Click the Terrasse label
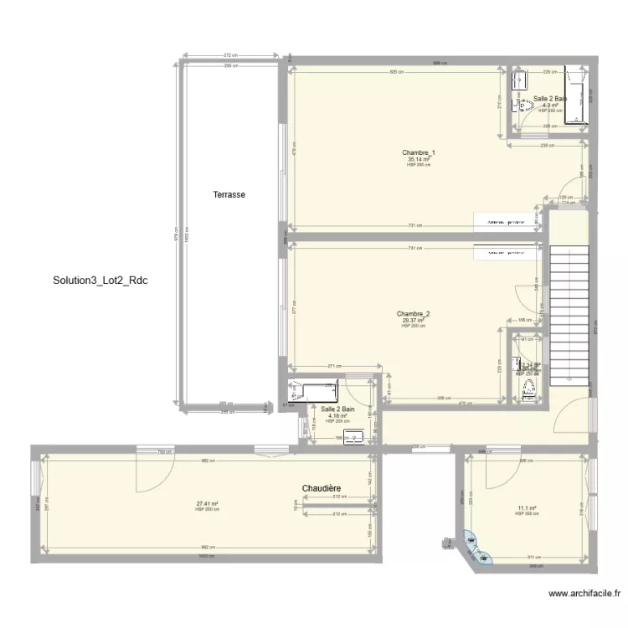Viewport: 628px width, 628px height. (x=229, y=194)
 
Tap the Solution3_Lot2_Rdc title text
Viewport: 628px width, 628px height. (x=100, y=280)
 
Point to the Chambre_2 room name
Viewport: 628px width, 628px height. (x=413, y=314)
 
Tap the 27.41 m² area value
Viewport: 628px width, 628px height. (x=207, y=504)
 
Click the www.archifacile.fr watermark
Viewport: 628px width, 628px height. (x=584, y=594)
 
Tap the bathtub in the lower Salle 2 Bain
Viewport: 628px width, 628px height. (x=312, y=389)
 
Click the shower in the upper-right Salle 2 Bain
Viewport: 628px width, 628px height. (x=575, y=94)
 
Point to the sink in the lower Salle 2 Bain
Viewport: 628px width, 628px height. (x=354, y=435)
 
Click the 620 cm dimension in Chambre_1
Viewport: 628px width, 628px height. (x=399, y=72)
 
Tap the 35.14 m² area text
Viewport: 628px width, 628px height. (x=419, y=159)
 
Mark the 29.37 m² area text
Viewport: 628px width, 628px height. (x=413, y=321)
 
